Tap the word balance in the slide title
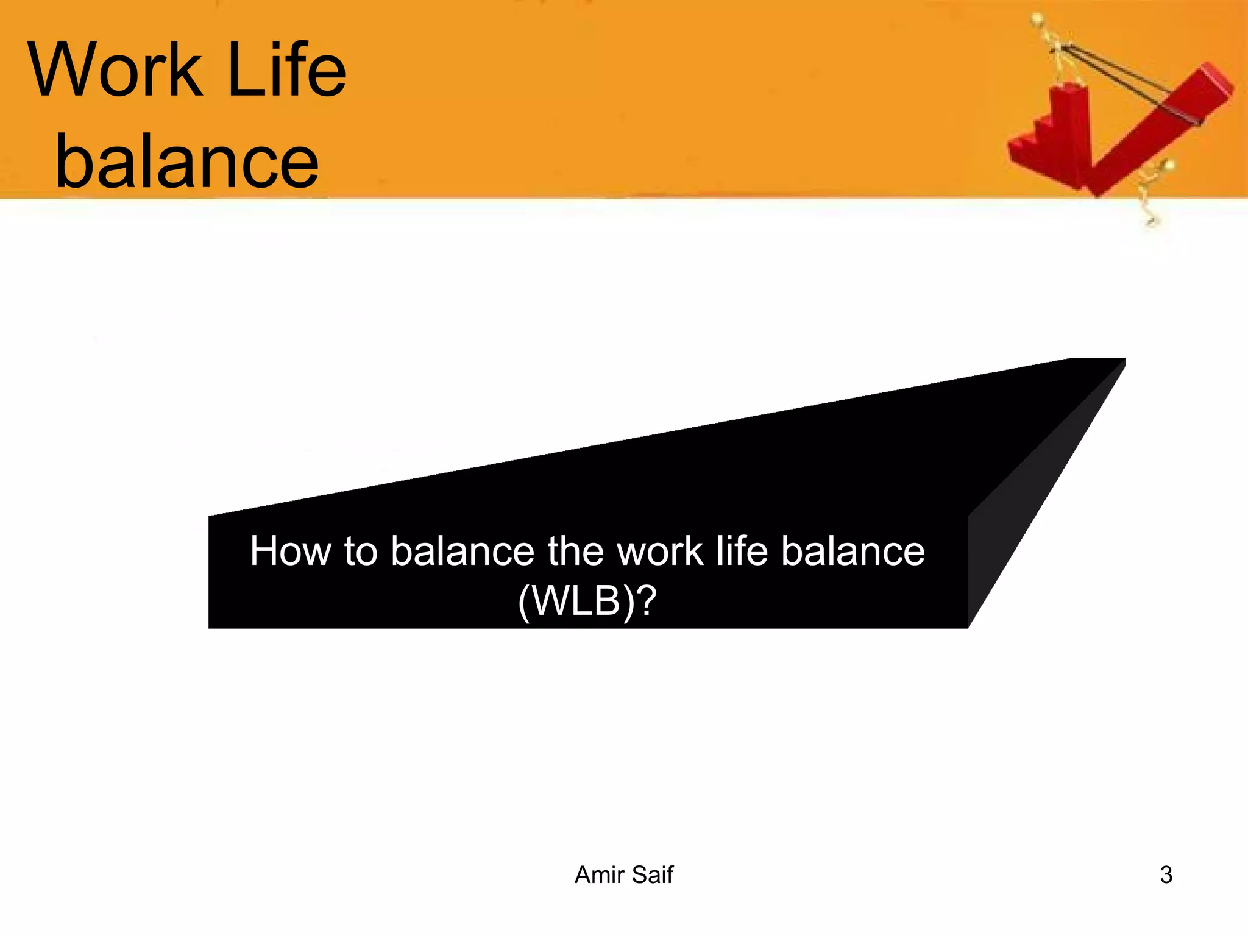click(x=186, y=161)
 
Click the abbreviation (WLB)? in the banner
click(x=587, y=601)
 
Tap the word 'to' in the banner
click(x=361, y=551)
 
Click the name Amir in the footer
click(x=599, y=875)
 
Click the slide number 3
click(x=1166, y=875)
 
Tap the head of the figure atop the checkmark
click(x=1038, y=19)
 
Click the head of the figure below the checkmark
click(x=1168, y=165)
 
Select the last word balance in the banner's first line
click(x=853, y=551)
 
